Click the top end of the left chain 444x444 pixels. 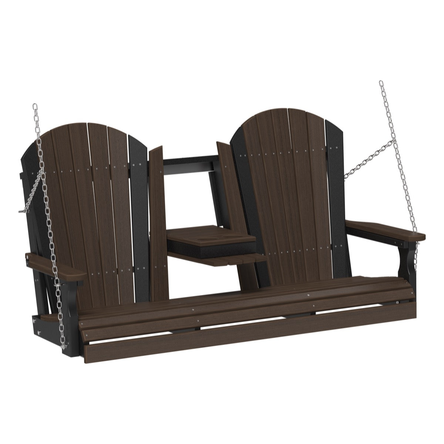click(35, 107)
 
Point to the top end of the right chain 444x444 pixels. click(381, 83)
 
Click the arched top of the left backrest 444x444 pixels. click(89, 128)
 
